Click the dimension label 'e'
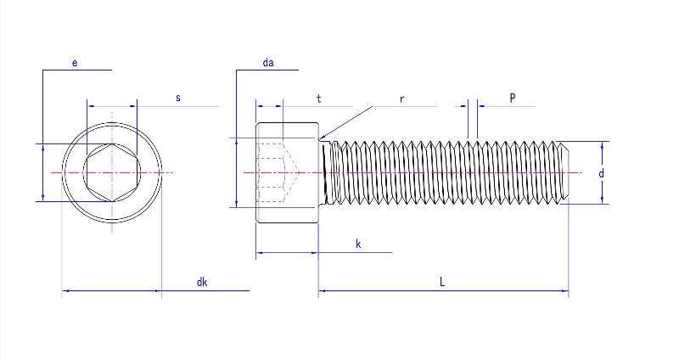pos(75,64)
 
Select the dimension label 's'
pos(178,98)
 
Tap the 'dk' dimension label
pos(202,283)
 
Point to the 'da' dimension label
pos(268,64)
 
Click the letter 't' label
pos(319,98)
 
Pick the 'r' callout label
pos(401,98)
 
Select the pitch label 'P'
pos(513,98)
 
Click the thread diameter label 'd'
pos(601,173)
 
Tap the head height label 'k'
pos(358,245)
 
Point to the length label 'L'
pos(442,283)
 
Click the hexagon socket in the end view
pos(111,173)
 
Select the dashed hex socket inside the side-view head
pos(276,173)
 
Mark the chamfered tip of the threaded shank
pos(564,173)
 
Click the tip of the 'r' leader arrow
pos(320,138)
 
